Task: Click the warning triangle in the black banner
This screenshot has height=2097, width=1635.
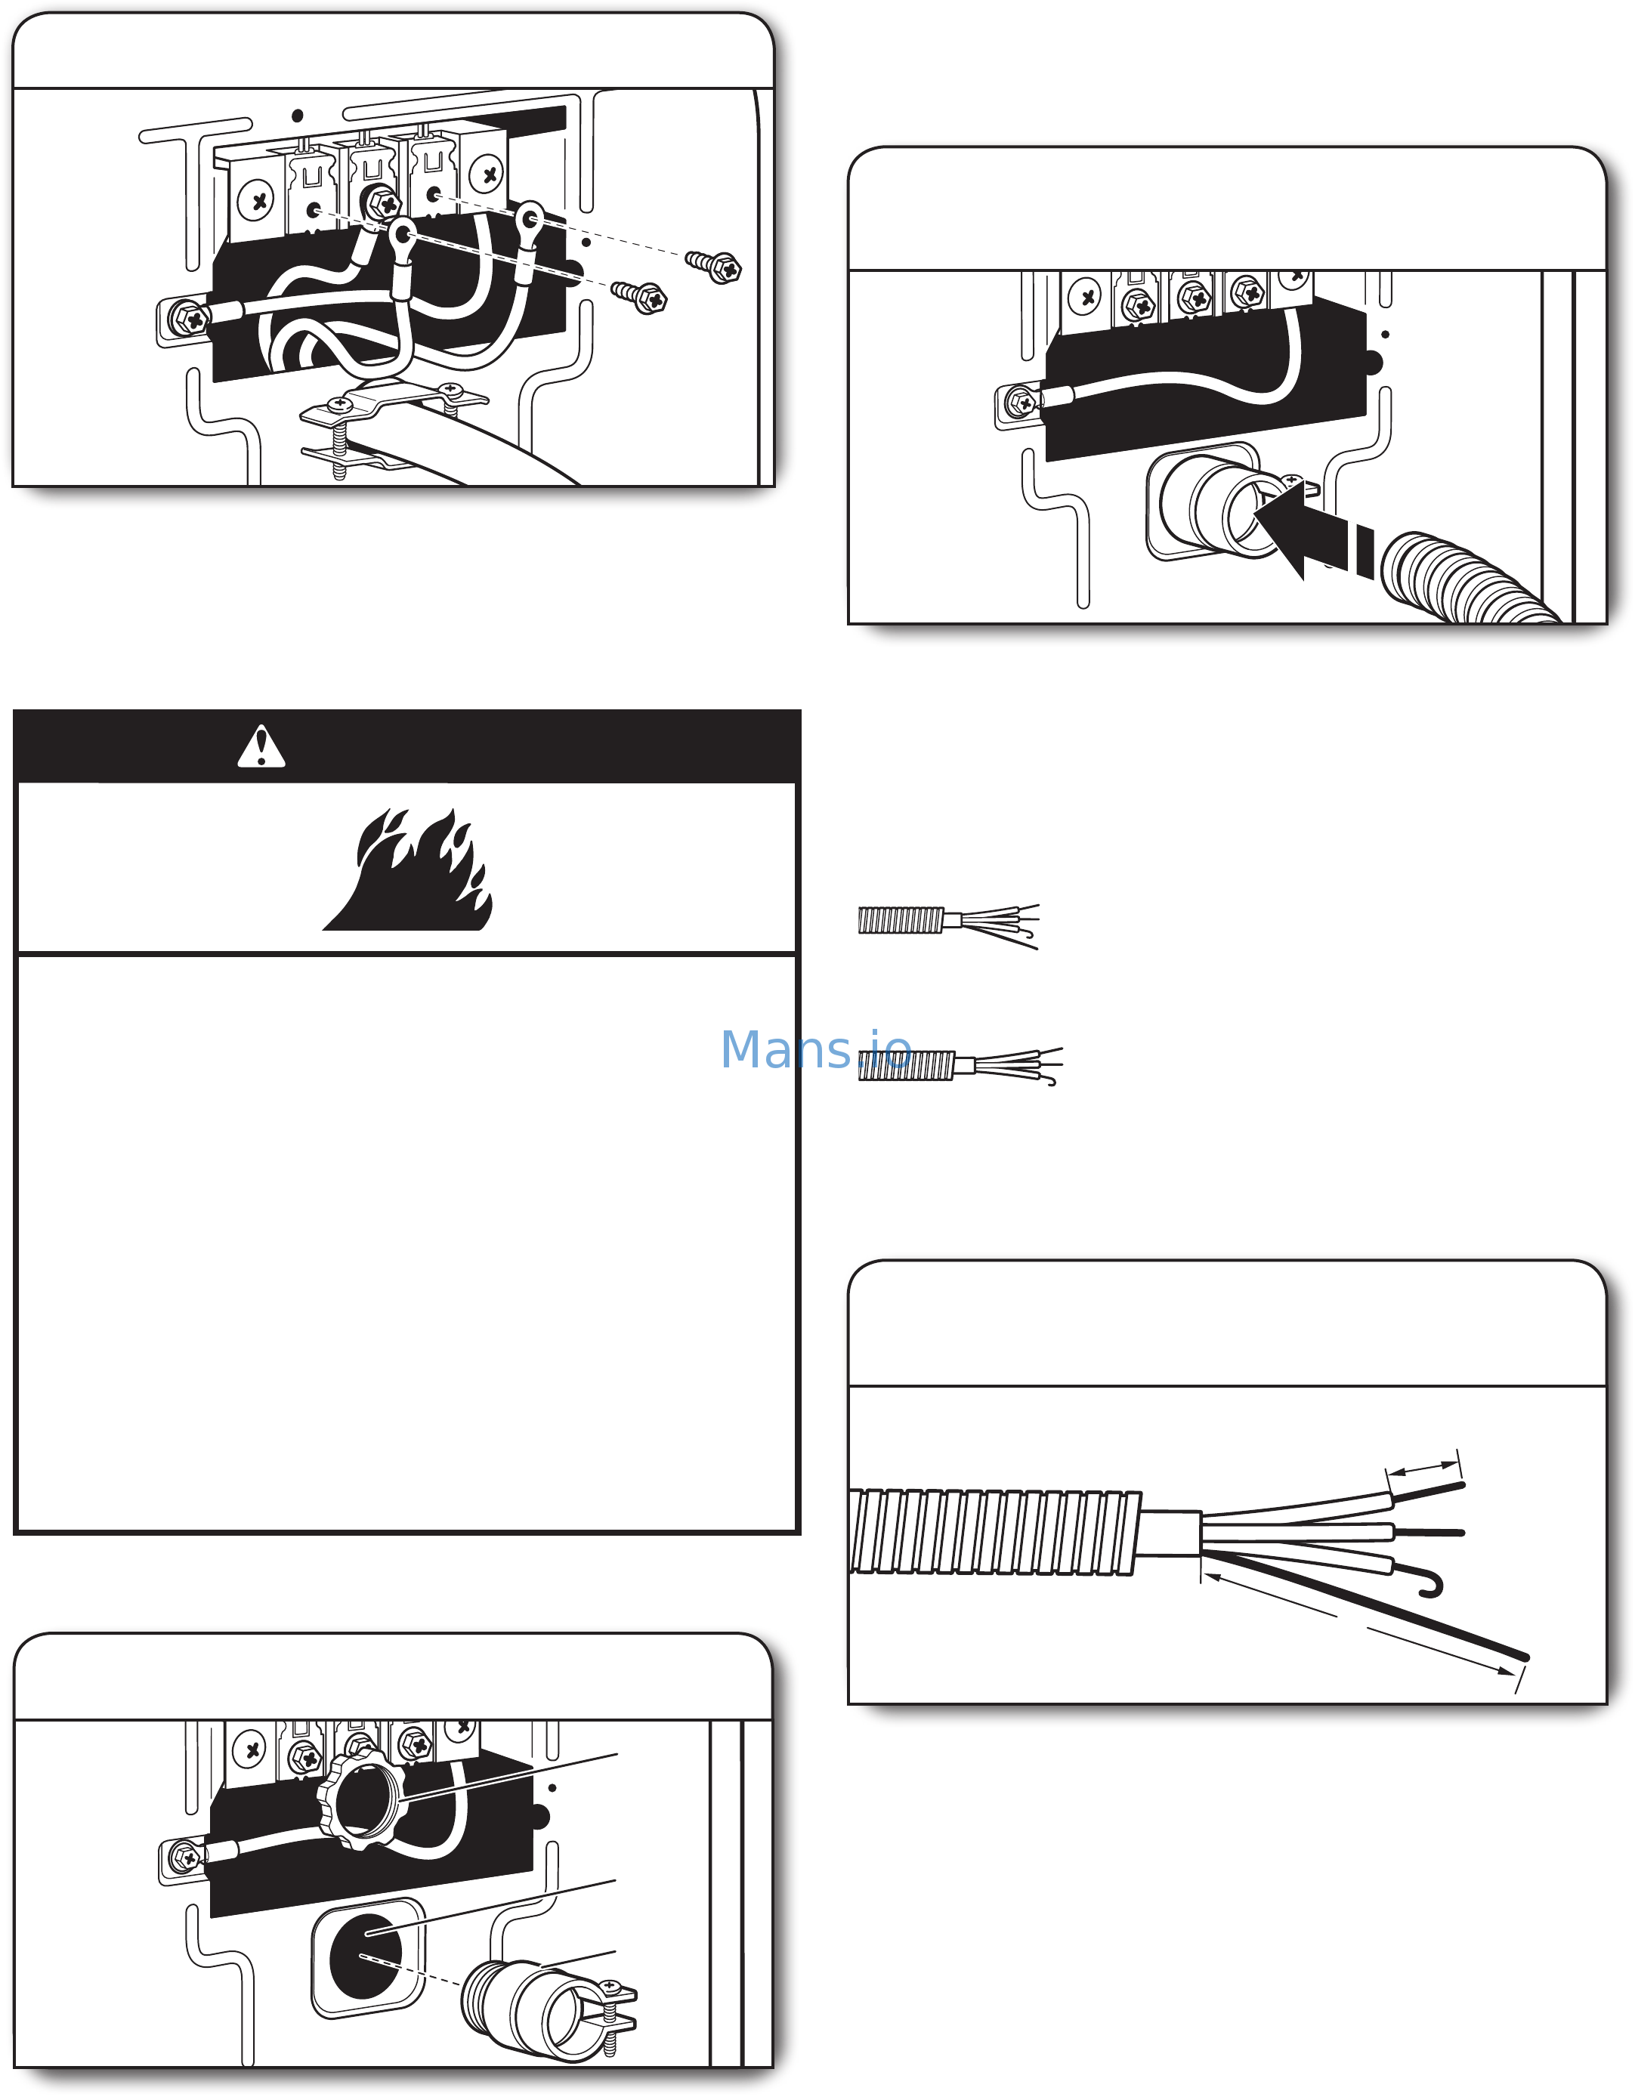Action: [x=261, y=748]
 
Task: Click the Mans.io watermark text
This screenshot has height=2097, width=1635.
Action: [x=815, y=1048]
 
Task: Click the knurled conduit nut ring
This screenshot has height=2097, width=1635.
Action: [x=363, y=1802]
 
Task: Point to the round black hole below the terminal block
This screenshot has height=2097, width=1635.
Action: [x=365, y=1956]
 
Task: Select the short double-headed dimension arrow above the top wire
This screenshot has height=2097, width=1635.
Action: [x=1423, y=1469]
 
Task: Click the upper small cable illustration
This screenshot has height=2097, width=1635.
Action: [x=948, y=925]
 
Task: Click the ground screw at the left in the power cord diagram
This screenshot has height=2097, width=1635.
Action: [x=188, y=318]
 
